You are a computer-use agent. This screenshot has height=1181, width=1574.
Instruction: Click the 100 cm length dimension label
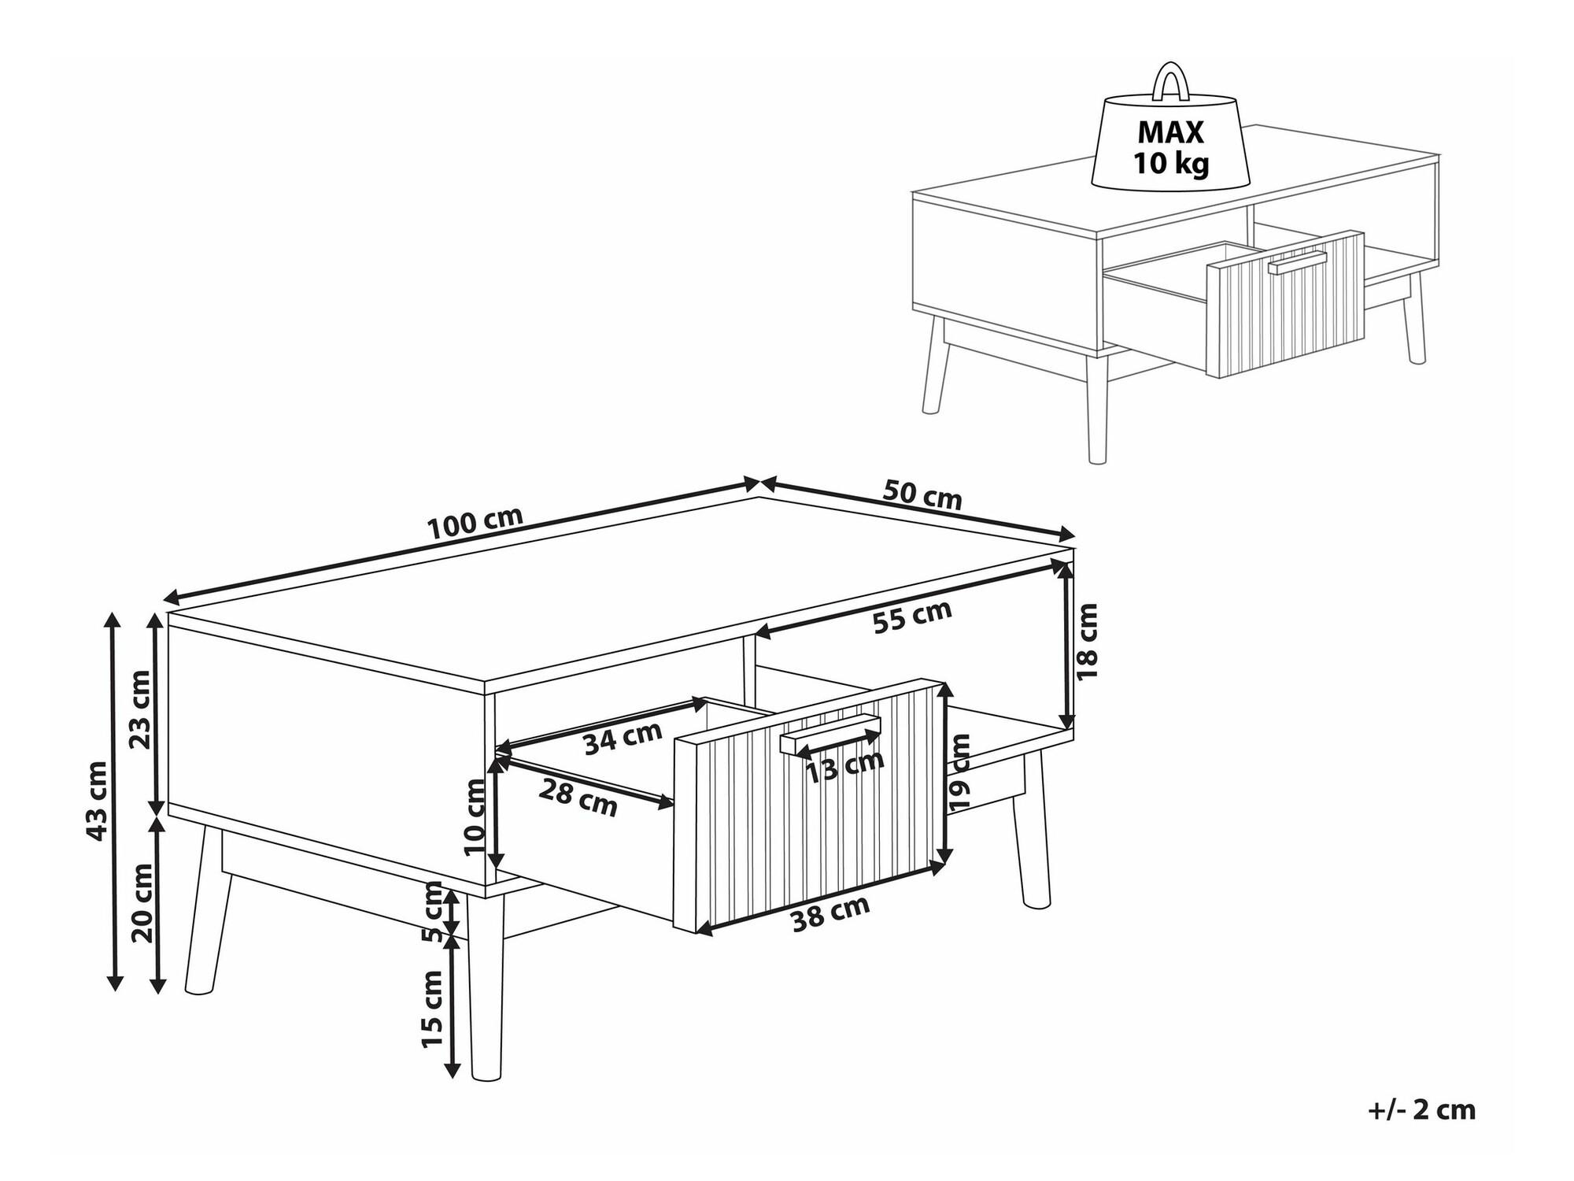(x=475, y=523)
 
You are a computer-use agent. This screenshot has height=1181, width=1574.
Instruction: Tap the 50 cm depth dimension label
(x=922, y=494)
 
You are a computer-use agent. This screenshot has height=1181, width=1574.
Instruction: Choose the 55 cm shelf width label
(x=912, y=616)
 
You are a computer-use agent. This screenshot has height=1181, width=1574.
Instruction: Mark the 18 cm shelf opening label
(x=1085, y=642)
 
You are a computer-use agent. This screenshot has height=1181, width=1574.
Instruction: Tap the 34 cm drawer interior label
(x=623, y=738)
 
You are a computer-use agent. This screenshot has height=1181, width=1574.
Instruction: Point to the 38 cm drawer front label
(x=830, y=914)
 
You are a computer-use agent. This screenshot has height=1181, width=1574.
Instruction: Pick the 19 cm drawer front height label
(x=959, y=772)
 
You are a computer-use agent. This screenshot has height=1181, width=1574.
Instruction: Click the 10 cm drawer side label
(x=475, y=816)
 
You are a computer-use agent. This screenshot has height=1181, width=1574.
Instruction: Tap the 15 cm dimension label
(x=433, y=1009)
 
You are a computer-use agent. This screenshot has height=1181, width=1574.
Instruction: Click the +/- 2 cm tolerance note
(x=1421, y=1110)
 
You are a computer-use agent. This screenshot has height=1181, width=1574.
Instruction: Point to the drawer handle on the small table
(x=1297, y=262)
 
